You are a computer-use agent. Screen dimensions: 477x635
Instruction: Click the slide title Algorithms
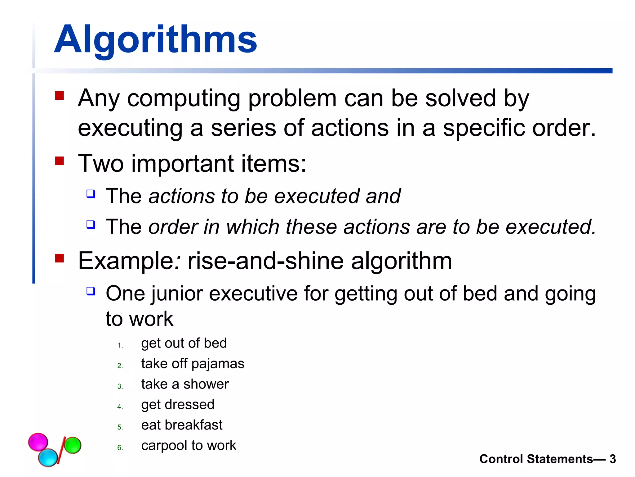(x=156, y=40)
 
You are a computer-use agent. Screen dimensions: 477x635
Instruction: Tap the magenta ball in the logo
(x=38, y=442)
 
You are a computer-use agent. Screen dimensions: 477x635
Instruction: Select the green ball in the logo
(x=73, y=445)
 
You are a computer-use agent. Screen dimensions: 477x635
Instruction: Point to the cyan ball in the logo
(x=48, y=457)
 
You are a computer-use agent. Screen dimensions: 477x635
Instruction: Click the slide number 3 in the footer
(x=612, y=459)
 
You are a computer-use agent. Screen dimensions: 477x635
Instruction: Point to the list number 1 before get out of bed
(x=120, y=345)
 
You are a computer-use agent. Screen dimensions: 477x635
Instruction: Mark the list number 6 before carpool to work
(x=120, y=448)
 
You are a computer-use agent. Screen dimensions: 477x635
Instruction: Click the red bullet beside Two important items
(x=59, y=161)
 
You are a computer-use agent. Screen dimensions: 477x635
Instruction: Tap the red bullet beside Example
(x=59, y=258)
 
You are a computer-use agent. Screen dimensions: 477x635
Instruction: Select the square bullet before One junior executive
(x=91, y=291)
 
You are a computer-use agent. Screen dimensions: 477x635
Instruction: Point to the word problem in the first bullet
(x=292, y=98)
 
